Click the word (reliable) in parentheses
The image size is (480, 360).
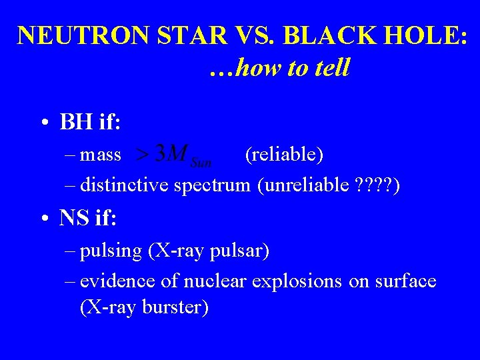coord(284,155)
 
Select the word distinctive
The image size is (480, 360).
coord(125,186)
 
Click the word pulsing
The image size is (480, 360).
coord(111,251)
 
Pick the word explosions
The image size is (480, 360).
coord(297,282)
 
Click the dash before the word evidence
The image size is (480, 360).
coord(71,282)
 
